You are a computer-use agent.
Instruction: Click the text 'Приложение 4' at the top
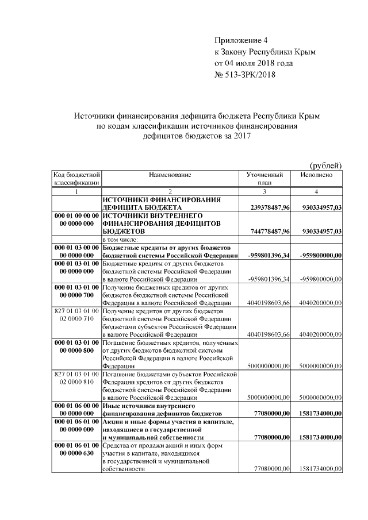[241, 40]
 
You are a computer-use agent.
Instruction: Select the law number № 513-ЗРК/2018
[244, 74]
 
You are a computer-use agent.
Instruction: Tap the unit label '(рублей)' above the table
[326, 165]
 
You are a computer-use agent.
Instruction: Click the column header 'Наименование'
[170, 174]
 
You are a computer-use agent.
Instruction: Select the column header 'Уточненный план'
[264, 178]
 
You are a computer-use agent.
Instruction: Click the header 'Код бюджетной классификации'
[76, 178]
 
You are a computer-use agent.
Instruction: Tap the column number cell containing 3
[264, 191]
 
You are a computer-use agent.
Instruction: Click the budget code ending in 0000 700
[76, 295]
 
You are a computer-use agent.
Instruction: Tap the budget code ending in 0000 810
[76, 381]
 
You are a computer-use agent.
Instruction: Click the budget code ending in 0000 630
[76, 453]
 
